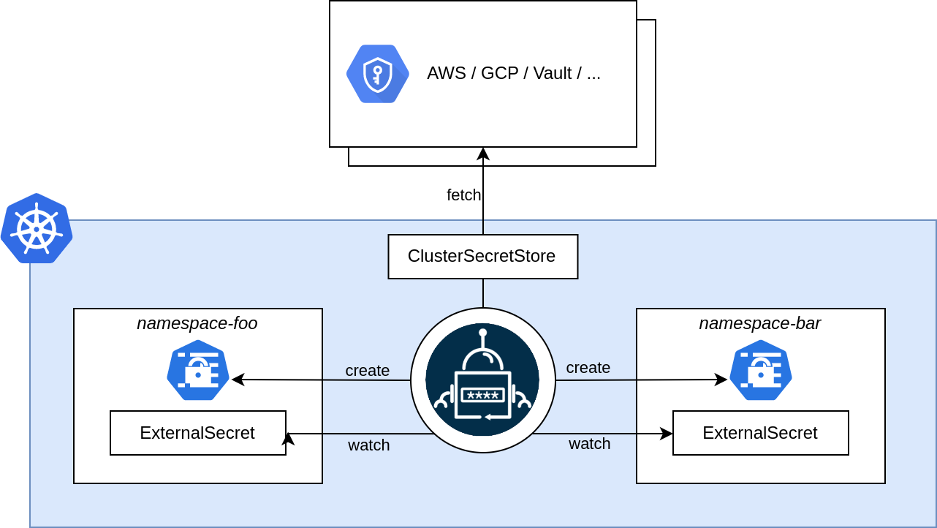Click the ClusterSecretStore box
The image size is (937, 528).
tap(482, 257)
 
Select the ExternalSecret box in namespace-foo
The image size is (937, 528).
tap(197, 433)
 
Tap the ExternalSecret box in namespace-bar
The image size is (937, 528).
tap(760, 433)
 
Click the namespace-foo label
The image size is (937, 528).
tap(197, 323)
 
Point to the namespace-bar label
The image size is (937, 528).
tap(760, 323)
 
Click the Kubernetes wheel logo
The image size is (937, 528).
tap(36, 229)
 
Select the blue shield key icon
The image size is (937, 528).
tap(377, 74)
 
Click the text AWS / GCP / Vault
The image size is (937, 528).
tap(513, 73)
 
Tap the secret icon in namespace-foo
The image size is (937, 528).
tap(198, 370)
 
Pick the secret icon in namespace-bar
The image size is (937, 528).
tap(761, 370)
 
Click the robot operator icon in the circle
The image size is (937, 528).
tap(482, 380)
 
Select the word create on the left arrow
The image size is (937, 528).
tap(367, 371)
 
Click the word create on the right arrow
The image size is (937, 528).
tap(588, 368)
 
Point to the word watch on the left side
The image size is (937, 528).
tap(368, 445)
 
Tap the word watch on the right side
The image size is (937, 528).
tap(589, 443)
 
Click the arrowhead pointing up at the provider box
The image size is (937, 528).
tap(482, 154)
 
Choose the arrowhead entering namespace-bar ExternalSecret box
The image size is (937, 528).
tap(667, 434)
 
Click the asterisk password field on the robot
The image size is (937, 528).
tap(482, 395)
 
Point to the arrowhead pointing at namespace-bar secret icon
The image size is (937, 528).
tap(721, 380)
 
